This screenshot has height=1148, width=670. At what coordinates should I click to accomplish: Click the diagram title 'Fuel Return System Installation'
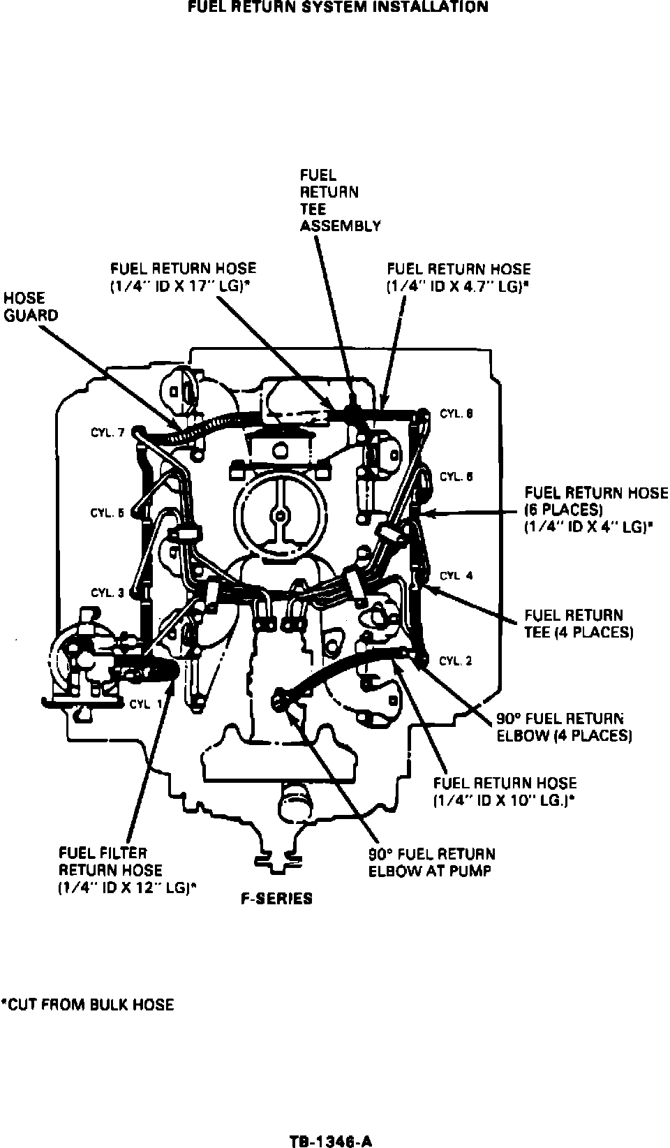tap(338, 7)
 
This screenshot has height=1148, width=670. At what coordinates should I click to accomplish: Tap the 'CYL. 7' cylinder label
tap(107, 433)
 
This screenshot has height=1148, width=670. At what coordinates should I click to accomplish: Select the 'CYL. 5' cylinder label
tap(107, 513)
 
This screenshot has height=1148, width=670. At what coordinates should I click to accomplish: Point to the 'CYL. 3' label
tap(107, 593)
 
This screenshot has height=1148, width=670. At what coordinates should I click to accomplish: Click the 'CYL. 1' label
tap(145, 704)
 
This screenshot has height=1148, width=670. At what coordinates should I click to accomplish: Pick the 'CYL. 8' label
tap(456, 414)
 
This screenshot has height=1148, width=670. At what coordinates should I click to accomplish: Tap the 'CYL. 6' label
tap(456, 477)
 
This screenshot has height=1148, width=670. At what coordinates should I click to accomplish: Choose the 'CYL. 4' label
tap(456, 576)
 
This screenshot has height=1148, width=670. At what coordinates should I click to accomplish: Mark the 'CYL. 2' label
tap(456, 661)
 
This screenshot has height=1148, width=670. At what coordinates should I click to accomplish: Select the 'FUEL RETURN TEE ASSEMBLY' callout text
tap(340, 200)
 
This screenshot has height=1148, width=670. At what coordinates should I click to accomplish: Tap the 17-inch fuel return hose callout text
tap(183, 277)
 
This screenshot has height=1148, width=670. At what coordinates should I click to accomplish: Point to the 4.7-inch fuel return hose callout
tap(459, 277)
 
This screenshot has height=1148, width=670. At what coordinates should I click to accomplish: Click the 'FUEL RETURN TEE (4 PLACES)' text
tap(579, 624)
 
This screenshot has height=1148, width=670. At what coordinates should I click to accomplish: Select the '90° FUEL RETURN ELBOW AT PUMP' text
tap(431, 862)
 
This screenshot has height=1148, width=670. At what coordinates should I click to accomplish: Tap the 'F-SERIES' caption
tap(276, 899)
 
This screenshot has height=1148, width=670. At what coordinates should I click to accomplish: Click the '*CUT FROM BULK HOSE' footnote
tap(87, 1005)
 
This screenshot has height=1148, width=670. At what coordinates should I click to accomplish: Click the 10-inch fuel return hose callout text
tap(505, 792)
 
